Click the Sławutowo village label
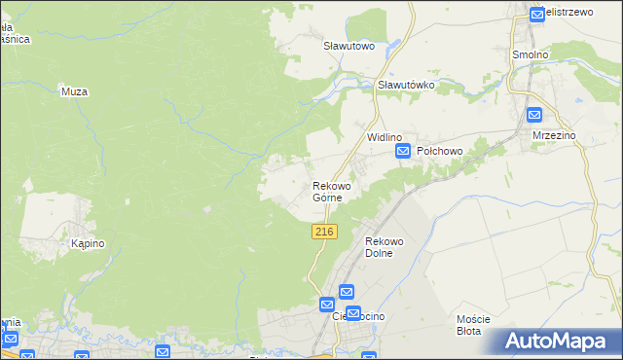(349, 45)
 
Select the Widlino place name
(385, 138)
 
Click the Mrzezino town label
(554, 136)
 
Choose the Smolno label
(531, 54)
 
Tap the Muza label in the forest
(75, 91)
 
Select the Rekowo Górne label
(331, 191)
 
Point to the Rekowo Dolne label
(384, 247)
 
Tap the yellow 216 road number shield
(325, 232)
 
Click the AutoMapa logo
(559, 342)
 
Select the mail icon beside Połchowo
(403, 153)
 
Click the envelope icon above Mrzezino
(534, 114)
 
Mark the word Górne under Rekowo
(327, 198)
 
